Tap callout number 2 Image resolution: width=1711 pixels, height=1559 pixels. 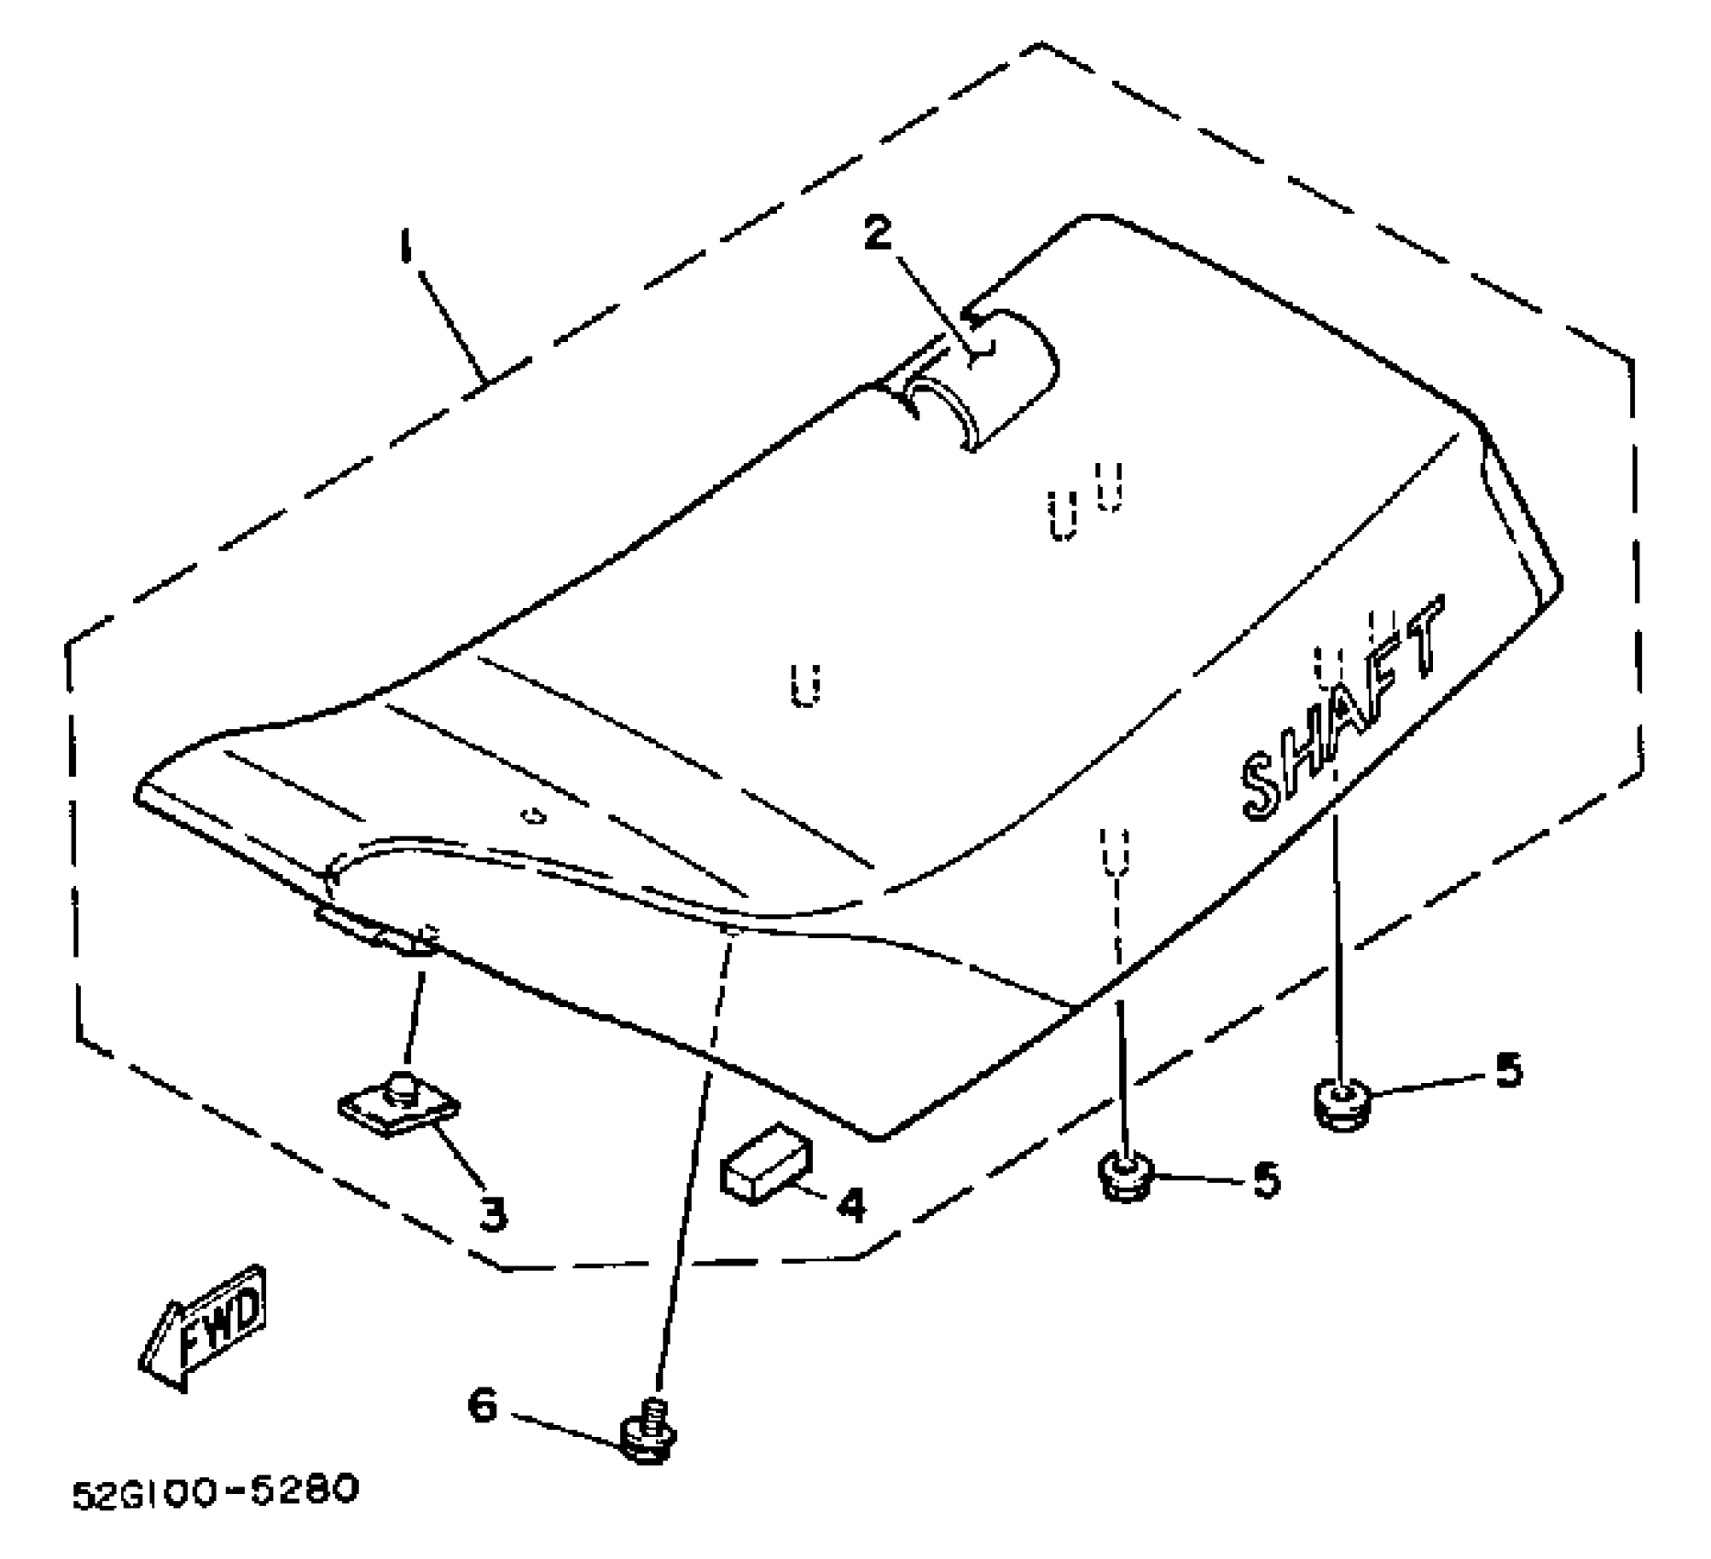tap(877, 234)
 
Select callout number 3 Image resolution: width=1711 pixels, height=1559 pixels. tap(493, 1214)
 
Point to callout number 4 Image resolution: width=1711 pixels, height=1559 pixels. tap(852, 1204)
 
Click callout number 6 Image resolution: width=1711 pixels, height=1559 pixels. tap(483, 1406)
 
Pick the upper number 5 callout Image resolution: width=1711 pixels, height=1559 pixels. tap(1507, 1070)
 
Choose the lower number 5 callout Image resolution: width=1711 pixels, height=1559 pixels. tap(1266, 1180)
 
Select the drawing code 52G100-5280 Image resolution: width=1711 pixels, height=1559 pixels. tap(215, 1491)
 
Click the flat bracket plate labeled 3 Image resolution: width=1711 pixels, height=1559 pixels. tap(399, 1105)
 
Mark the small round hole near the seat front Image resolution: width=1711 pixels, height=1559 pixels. tap(531, 814)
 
